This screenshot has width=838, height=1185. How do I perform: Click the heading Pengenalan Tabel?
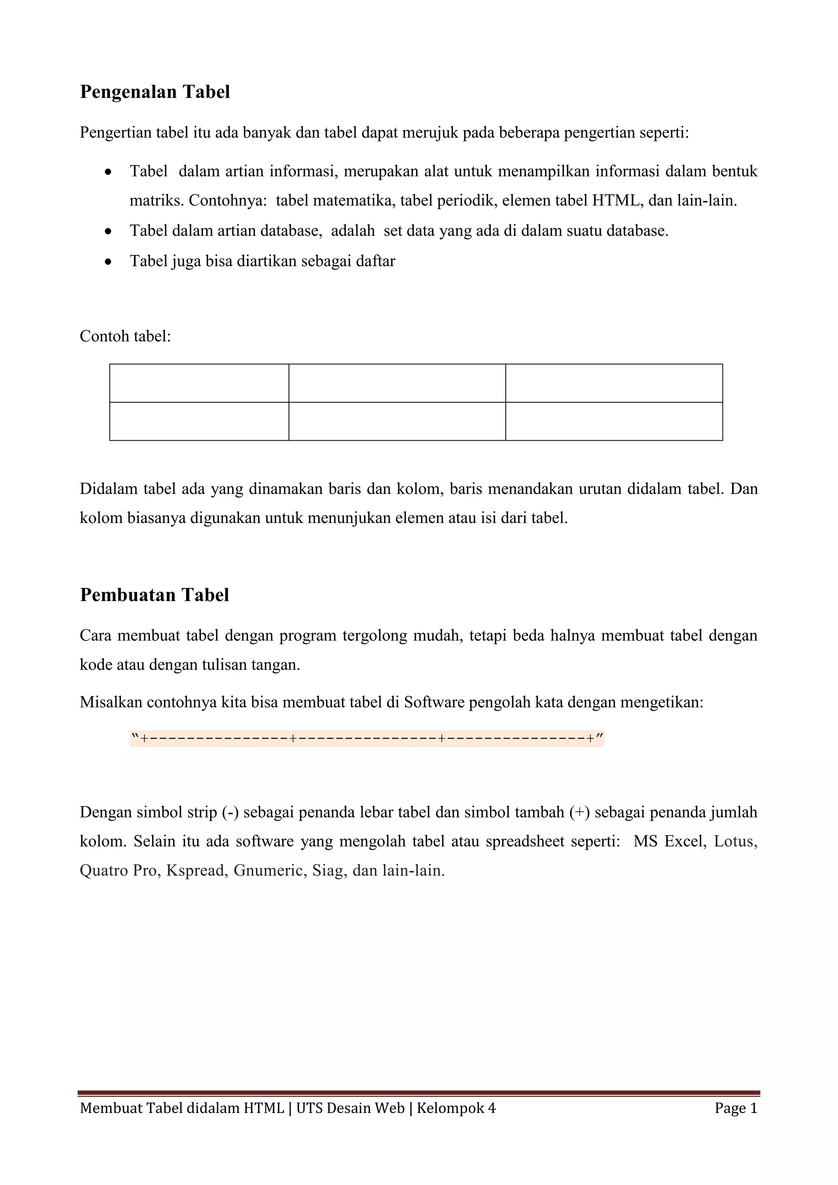[x=155, y=92]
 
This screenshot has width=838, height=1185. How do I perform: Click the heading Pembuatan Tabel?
[x=154, y=595]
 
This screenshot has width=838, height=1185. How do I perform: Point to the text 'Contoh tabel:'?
[x=125, y=336]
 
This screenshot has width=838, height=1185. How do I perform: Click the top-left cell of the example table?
[x=199, y=383]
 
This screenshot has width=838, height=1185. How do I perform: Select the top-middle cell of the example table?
[x=397, y=383]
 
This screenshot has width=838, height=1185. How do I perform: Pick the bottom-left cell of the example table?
[x=199, y=421]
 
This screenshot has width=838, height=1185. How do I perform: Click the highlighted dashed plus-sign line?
[x=367, y=739]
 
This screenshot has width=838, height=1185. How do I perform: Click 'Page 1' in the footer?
[x=736, y=1108]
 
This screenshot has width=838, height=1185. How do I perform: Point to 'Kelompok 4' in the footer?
[x=456, y=1108]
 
